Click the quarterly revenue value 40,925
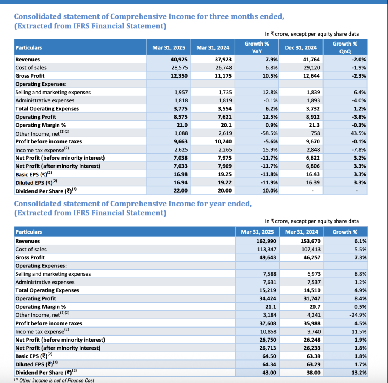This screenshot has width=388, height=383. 179,60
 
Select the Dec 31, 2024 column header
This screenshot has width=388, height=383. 300,47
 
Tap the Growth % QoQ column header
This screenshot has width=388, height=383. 345,47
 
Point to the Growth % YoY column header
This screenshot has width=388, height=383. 257,47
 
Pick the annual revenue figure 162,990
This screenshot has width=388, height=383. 266,241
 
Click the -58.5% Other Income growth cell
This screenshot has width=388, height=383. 269,133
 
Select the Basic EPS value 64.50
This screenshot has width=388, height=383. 269,356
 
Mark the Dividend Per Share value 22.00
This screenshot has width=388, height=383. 180,191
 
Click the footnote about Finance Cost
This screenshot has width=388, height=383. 54,380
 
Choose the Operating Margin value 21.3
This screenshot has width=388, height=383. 315,125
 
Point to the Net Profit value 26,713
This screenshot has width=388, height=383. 268,348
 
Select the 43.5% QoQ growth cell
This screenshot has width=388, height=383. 358,133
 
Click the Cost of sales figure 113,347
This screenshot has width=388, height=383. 266,249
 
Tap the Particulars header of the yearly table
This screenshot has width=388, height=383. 29,232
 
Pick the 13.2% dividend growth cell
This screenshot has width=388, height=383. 359,372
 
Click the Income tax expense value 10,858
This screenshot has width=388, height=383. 268,331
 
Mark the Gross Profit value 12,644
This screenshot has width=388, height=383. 311,76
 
